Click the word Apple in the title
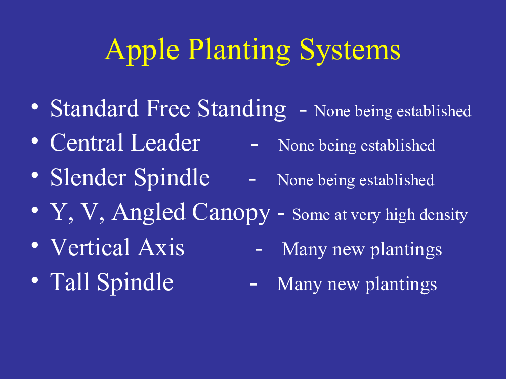click(x=142, y=51)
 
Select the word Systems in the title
click(x=350, y=51)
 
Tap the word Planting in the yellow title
click(x=239, y=51)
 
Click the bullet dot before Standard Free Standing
click(x=35, y=106)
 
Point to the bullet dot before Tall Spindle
click(x=35, y=280)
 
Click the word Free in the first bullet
click(x=168, y=108)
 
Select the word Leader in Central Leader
click(x=165, y=143)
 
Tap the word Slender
click(x=88, y=177)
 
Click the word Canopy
click(x=231, y=213)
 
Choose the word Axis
click(x=161, y=247)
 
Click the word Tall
click(x=70, y=281)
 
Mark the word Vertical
click(x=90, y=247)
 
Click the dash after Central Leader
click(x=255, y=145)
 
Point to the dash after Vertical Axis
click(x=259, y=249)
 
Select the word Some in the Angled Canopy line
click(x=311, y=215)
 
